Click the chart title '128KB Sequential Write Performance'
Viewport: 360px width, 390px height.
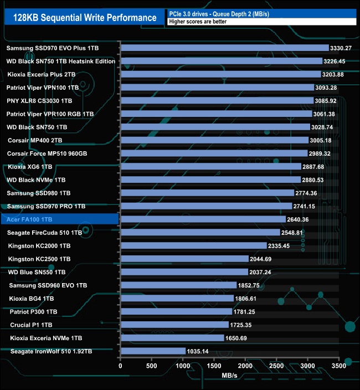[84, 18]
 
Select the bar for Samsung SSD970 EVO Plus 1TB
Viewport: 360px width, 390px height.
[224, 48]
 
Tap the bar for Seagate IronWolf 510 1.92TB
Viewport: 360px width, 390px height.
[153, 351]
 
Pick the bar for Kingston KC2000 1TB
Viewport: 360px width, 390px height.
[193, 245]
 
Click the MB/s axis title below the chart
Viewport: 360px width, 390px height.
[229, 377]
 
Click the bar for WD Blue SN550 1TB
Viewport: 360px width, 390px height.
[184, 272]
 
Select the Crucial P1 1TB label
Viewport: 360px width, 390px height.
[31, 325]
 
